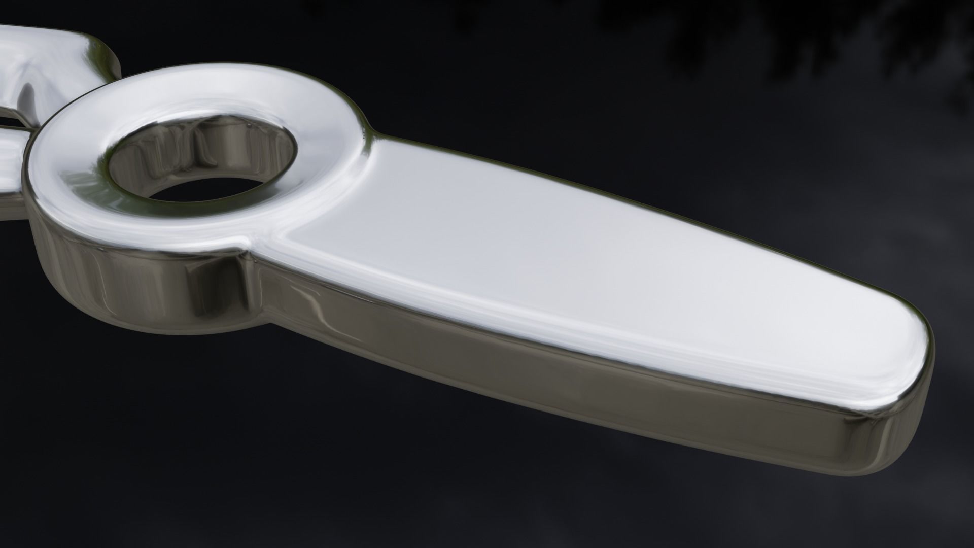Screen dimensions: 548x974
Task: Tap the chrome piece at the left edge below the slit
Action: pyautogui.click(x=10, y=167)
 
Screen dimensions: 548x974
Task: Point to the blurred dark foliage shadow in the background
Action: pyautogui.click(x=761, y=30)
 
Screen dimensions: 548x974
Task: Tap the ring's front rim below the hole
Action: pyautogui.click(x=203, y=228)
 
